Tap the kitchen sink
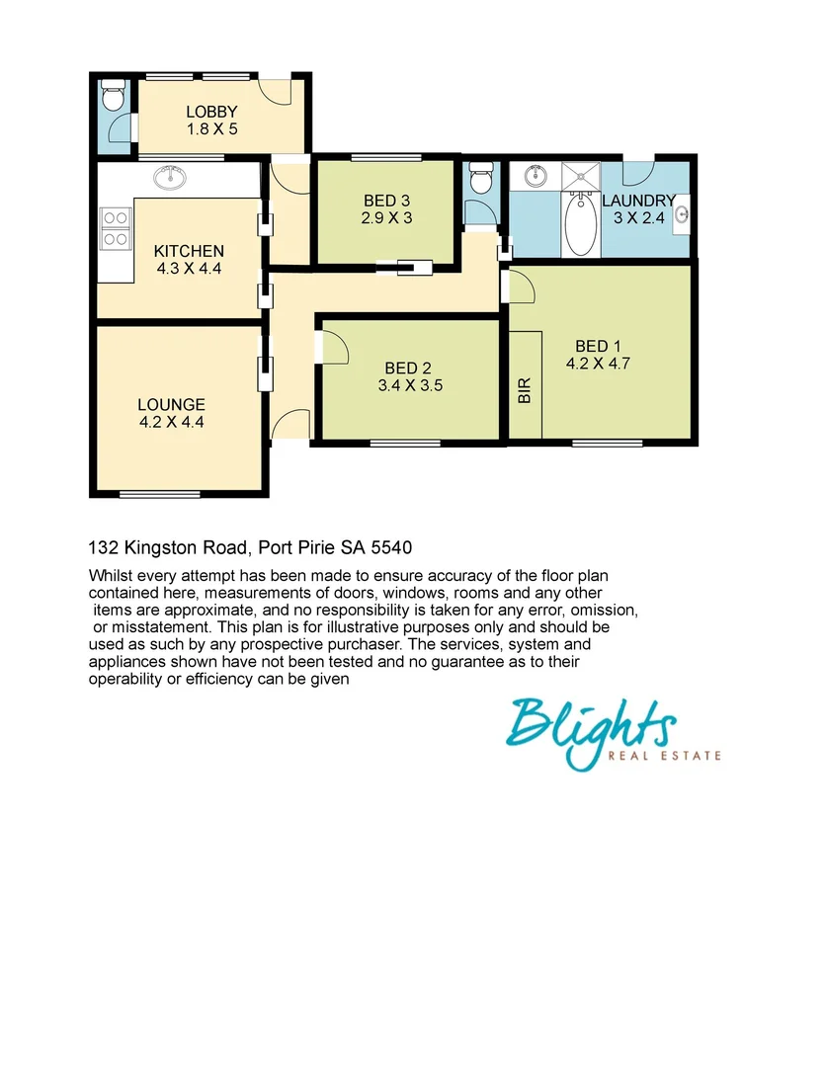172,178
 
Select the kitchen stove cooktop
116,227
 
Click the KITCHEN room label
189,251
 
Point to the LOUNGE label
171,404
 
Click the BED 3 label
386,201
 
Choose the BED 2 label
408,369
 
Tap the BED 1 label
598,346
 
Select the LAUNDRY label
638,201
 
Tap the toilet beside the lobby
113,97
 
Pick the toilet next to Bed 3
481,180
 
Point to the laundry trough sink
682,214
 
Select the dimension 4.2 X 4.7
598,363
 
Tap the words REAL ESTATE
676,757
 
